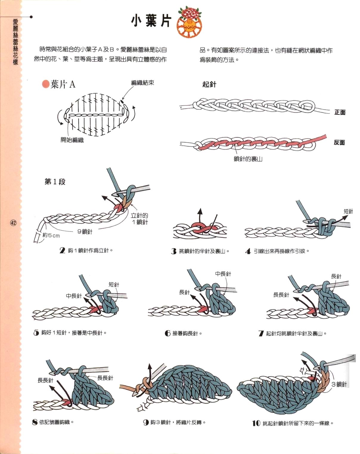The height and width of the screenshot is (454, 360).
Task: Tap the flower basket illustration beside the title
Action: pos(189,22)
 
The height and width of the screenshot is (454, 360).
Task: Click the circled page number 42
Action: pos(13,223)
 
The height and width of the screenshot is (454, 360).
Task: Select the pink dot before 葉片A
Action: pos(45,84)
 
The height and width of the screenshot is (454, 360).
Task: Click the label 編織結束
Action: pos(142,83)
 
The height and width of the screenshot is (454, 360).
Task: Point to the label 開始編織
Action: pos(72,140)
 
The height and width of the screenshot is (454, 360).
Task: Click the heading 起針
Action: pos(209,84)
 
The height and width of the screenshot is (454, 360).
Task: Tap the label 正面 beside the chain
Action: pos(340,112)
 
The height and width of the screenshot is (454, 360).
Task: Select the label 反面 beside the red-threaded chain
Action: pos(339,143)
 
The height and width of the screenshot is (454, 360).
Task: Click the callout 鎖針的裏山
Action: pos(248,159)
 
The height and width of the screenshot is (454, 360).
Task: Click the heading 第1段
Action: pos(55,182)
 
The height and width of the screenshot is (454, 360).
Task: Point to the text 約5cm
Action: pos(51,235)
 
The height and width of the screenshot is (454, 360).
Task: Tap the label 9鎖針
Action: pos(85,232)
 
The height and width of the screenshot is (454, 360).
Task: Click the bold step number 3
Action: pos(174,251)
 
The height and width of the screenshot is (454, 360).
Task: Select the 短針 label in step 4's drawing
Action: pos(348,212)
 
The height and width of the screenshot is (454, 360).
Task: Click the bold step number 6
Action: pos(167,333)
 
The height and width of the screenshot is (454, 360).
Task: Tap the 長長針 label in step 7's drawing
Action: pos(281,295)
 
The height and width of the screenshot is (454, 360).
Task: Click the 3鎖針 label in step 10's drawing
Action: pos(339,384)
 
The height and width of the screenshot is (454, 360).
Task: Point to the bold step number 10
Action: pos(256,423)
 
